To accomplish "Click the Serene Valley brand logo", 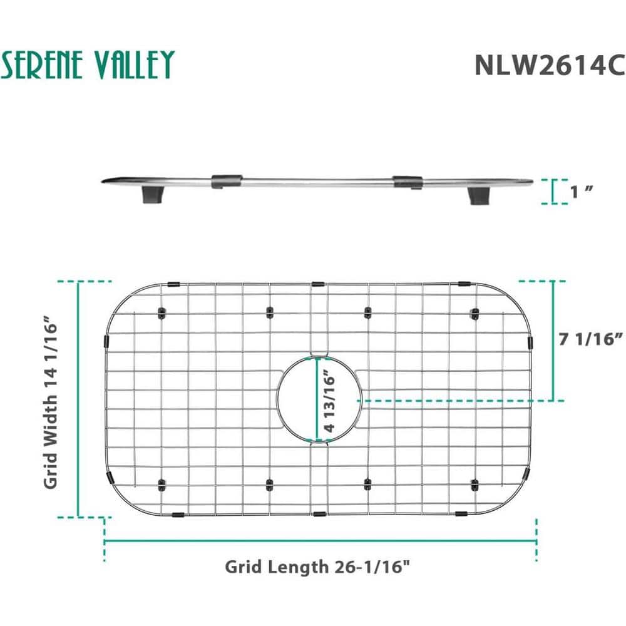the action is pos(88,64).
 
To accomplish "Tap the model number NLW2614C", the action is pos(550,65).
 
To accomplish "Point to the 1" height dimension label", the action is pos(582,192).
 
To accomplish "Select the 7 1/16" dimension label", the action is pos(590,339).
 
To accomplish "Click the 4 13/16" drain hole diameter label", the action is pos(330,400).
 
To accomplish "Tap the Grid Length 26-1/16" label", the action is pos(317,567).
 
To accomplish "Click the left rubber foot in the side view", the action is pos(153,195).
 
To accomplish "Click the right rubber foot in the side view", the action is pos(478,196).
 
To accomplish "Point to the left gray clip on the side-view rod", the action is pos(227,182).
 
